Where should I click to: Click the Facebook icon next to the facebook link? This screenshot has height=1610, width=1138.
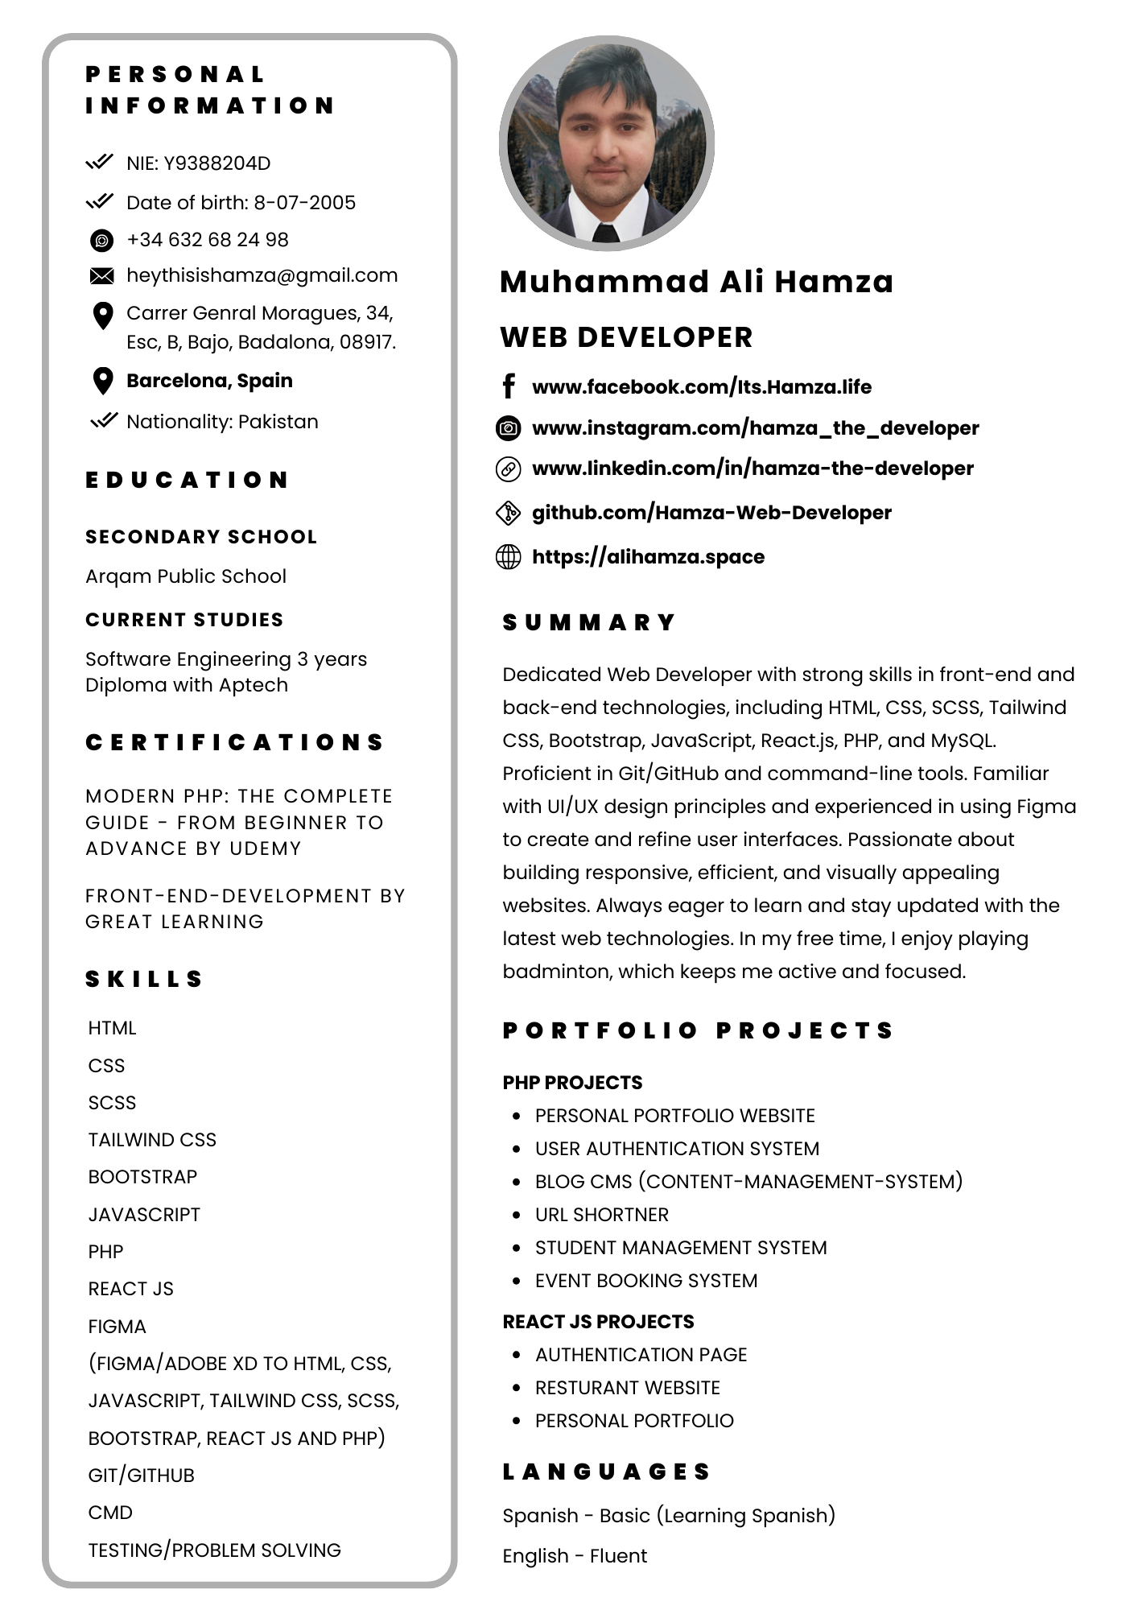coord(509,386)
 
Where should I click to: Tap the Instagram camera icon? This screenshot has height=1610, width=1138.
coord(508,428)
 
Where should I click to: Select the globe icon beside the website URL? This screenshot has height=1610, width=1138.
coord(508,556)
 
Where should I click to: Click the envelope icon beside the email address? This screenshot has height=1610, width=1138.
coord(102,276)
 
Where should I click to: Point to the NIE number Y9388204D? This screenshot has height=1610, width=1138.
coord(217,163)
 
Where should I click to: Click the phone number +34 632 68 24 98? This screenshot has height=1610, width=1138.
coord(208,240)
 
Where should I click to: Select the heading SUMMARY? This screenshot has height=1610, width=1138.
coord(589,622)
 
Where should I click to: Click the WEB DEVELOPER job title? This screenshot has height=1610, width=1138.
coord(626,337)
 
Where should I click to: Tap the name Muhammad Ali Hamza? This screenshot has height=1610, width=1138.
coord(696,282)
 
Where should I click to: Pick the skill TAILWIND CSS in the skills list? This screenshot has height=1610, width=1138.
coord(152,1140)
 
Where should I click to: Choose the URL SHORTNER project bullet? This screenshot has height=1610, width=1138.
coord(602,1215)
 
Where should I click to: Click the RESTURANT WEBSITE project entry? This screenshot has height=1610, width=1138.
coord(628,1388)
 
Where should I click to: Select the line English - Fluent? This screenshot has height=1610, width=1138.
coord(575,1556)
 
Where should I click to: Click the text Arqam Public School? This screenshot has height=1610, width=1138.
coord(186,576)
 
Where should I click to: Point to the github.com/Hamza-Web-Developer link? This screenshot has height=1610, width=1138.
coord(711,513)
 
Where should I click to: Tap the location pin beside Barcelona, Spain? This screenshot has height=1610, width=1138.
coord(102,381)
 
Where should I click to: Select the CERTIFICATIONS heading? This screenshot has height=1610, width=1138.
coord(235,742)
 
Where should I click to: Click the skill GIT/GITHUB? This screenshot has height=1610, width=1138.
coord(142,1476)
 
